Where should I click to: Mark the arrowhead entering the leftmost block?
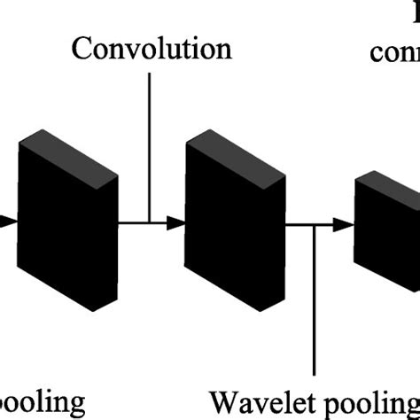pyautogui.click(x=8, y=223)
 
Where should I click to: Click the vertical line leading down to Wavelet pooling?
pyautogui.click(x=316, y=301)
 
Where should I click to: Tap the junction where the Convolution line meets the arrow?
pyautogui.click(x=152, y=223)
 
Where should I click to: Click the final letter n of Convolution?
pyautogui.click(x=224, y=49)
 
